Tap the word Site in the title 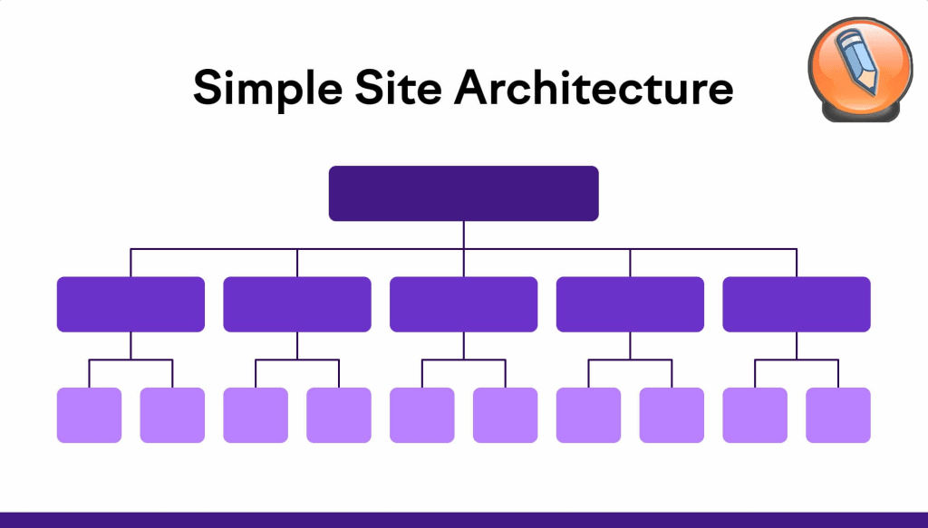[389, 88]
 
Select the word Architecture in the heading [594, 88]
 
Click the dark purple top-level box [463, 193]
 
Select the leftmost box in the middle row [130, 304]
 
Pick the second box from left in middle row [297, 304]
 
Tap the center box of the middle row [463, 304]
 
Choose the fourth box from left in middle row [630, 304]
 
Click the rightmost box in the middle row [797, 304]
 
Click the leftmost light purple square [89, 416]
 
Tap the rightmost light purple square [838, 416]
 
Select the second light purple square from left [172, 416]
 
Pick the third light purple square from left [256, 416]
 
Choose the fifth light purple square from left [422, 416]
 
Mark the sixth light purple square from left [505, 416]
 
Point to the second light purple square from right [755, 416]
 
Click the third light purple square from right [672, 416]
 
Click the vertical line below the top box [463, 234]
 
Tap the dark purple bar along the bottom [464, 520]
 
